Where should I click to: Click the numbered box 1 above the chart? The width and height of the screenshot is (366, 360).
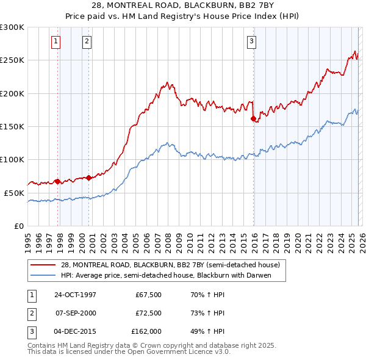pyautogui.click(x=56, y=41)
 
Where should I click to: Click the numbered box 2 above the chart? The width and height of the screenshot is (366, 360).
pyautogui.click(x=87, y=41)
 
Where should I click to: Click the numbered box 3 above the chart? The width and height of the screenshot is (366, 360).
pyautogui.click(x=251, y=41)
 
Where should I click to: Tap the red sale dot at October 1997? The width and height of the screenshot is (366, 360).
pyautogui.click(x=58, y=181)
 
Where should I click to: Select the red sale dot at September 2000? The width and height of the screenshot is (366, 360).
pyautogui.click(x=89, y=178)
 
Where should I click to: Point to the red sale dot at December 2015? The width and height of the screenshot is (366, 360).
pyautogui.click(x=253, y=119)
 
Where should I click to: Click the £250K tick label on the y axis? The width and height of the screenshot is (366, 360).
pyautogui.click(x=12, y=60)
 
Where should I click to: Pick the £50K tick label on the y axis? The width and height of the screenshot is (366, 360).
pyautogui.click(x=14, y=193)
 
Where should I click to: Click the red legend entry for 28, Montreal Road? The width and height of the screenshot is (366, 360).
pyautogui.click(x=170, y=265)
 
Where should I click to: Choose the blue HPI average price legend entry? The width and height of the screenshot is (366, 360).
pyautogui.click(x=165, y=275)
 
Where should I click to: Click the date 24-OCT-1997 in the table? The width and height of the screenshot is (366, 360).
pyautogui.click(x=75, y=294)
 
